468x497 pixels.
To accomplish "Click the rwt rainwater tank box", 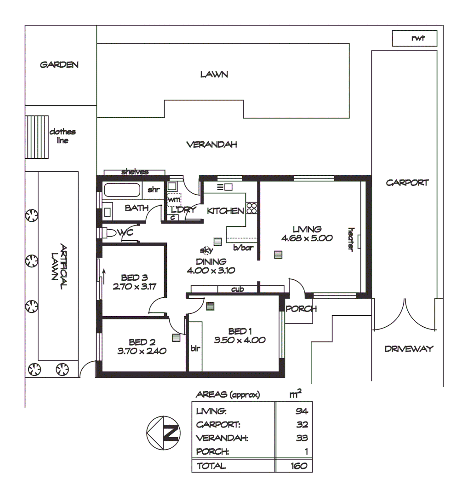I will [x=414, y=39].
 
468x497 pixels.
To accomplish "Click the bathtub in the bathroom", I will [x=122, y=190].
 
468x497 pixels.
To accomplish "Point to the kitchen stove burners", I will [x=251, y=208].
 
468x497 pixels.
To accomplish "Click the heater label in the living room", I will [x=351, y=239].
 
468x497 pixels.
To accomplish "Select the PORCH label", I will [x=301, y=309].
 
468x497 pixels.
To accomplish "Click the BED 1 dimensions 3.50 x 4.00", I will [x=240, y=341].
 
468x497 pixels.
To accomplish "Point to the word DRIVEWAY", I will [x=409, y=349].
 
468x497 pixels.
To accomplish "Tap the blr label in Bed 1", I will [x=195, y=349].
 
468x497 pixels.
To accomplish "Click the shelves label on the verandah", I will [x=135, y=172].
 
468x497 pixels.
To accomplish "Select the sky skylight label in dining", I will [x=205, y=250].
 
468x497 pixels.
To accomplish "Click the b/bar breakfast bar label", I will [x=243, y=248].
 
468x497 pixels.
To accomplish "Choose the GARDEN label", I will [x=59, y=65].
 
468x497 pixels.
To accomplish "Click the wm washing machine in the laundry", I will [x=174, y=200].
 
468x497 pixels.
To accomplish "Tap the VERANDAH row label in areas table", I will [x=222, y=438].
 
